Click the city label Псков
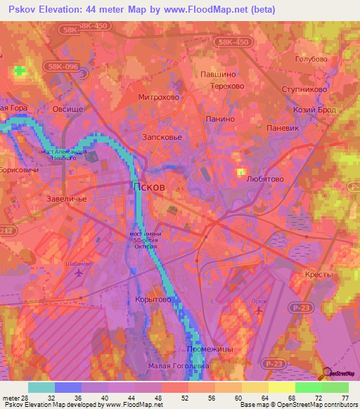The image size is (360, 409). coord(150,188)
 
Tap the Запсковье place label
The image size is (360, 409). coord(162,138)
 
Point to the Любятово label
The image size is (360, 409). coord(265,179)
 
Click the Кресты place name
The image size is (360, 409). coord(319,275)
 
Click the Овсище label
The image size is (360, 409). coord(68,109)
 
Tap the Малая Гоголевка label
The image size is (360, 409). coord(179,365)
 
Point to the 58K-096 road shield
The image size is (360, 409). coord(64,65)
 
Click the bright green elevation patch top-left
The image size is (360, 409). coord(18,71)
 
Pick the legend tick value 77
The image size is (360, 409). coord(344,399)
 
